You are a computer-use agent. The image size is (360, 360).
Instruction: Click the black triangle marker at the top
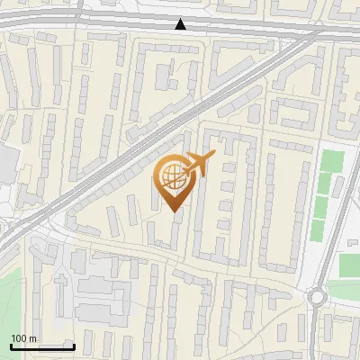pyautogui.click(x=181, y=24)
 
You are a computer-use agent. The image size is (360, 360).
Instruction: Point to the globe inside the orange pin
pyautogui.click(x=173, y=177)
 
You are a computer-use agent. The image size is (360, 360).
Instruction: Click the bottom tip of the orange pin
pyautogui.click(x=173, y=211)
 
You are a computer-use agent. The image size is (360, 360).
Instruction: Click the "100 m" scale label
pyautogui.click(x=23, y=338)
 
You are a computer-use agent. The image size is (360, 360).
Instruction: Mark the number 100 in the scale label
pyautogui.click(x=20, y=338)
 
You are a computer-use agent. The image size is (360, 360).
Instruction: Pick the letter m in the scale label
pyautogui.click(x=32, y=338)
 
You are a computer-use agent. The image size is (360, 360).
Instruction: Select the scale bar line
pyautogui.click(x=42, y=346)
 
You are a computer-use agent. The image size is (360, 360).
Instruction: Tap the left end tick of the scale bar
pyautogui.click(x=11, y=345)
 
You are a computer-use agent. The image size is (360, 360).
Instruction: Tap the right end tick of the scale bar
pyautogui.click(x=74, y=345)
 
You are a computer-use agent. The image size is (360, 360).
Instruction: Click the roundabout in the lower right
pyautogui.click(x=317, y=296)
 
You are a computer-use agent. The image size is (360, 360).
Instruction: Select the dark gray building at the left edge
pyautogui.click(x=7, y=163)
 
